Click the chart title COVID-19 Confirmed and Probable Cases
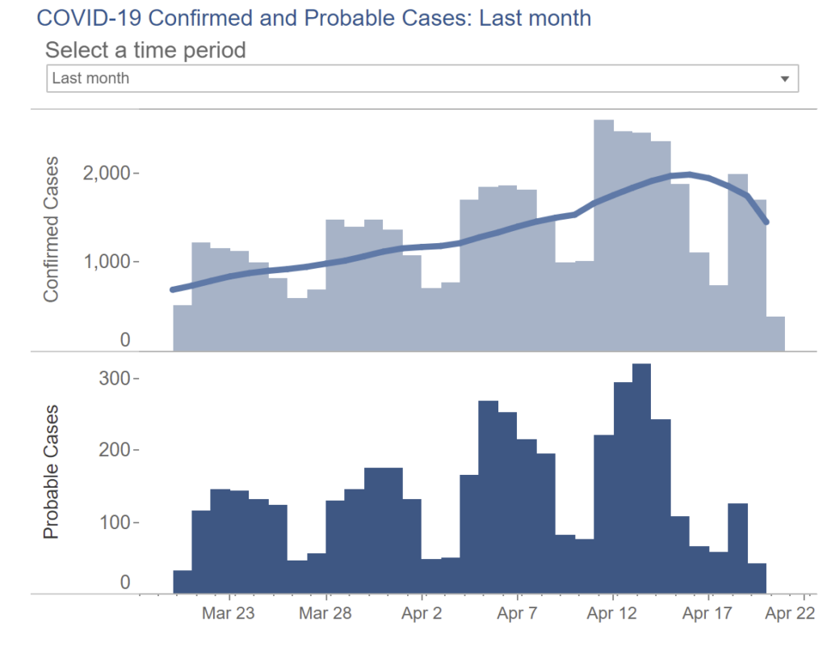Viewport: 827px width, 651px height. coord(313,18)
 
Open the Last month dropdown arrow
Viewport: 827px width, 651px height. coord(783,79)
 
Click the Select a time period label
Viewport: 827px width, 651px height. coord(145,50)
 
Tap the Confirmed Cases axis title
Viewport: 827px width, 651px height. coord(52,229)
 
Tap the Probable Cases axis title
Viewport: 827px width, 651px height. coord(52,473)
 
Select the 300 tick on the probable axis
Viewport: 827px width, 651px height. coord(114,378)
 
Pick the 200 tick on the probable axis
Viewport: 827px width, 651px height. coord(114,450)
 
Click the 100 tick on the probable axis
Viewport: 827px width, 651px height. coord(114,522)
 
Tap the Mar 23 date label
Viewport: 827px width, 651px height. coord(229,614)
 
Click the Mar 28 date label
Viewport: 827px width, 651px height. coord(325,614)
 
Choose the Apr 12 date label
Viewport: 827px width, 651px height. coord(613,614)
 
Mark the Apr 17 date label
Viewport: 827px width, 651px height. coord(708,614)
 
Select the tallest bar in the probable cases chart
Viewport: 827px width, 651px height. coord(641,477)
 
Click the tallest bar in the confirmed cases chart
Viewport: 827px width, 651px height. coord(603,234)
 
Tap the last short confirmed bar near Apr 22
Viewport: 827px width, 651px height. coord(775,334)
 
